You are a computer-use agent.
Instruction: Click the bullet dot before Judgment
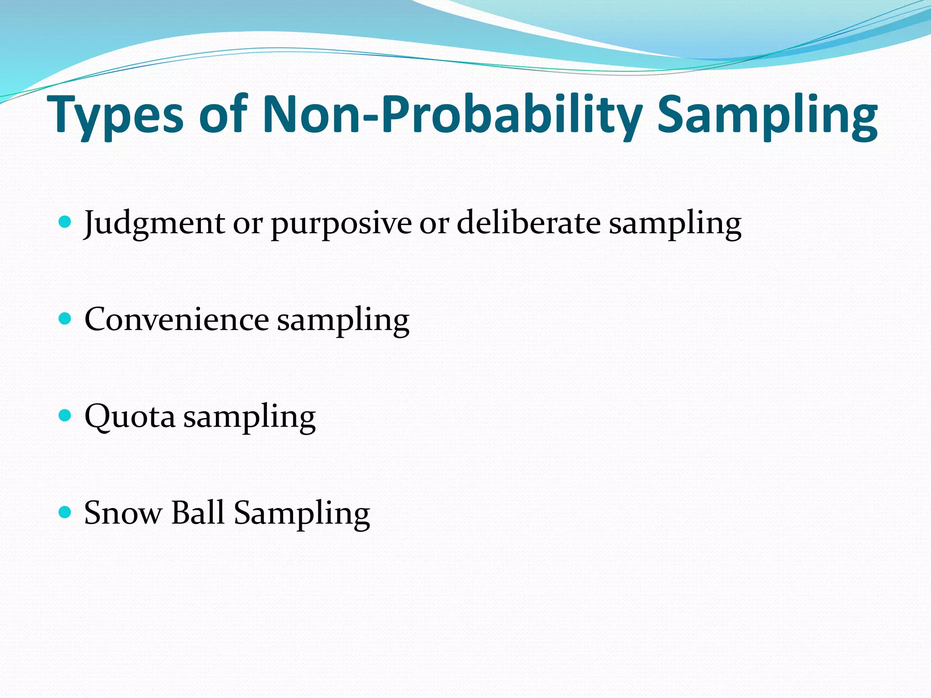[65, 222]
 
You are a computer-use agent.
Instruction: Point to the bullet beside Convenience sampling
[65, 319]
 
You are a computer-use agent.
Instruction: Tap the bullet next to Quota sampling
[65, 415]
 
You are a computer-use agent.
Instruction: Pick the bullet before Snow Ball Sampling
[65, 512]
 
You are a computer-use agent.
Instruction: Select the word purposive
[341, 224]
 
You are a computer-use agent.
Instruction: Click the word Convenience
[176, 319]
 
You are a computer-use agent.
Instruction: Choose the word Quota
[130, 416]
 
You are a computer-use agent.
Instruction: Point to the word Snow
[123, 513]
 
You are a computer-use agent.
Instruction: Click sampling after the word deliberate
[675, 224]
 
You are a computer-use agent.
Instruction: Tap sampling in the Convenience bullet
[343, 321]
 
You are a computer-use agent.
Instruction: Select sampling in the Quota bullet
[249, 418]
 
